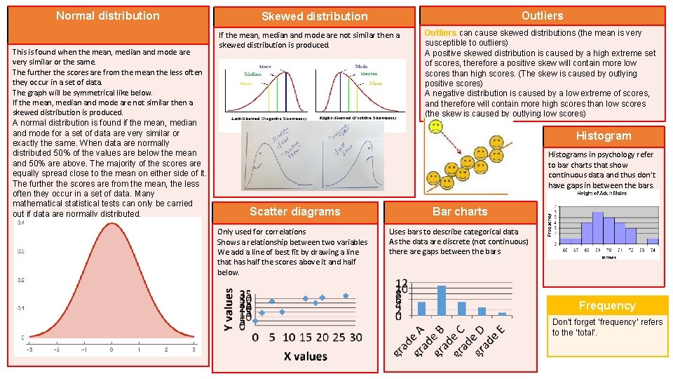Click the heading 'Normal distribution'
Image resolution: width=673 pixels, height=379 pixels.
point(107,15)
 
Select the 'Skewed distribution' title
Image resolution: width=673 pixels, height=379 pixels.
point(314,16)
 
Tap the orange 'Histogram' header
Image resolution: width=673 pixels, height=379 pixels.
point(604,135)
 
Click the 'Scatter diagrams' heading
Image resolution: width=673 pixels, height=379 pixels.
point(294,211)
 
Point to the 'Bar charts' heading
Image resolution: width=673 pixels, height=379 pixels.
point(460,211)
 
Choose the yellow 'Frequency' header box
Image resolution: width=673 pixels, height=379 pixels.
point(607,305)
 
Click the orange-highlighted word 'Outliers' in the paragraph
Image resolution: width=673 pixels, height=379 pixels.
point(440,33)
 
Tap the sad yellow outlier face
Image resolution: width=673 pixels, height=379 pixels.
point(436,128)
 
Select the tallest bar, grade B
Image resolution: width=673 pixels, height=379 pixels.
point(442,300)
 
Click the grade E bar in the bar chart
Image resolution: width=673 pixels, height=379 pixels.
point(502,314)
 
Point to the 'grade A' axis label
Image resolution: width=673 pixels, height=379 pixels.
point(411,340)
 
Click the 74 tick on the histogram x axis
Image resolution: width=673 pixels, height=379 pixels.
point(653,250)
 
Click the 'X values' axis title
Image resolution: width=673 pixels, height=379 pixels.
point(305,357)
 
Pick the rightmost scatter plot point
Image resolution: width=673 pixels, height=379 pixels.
point(346,295)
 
